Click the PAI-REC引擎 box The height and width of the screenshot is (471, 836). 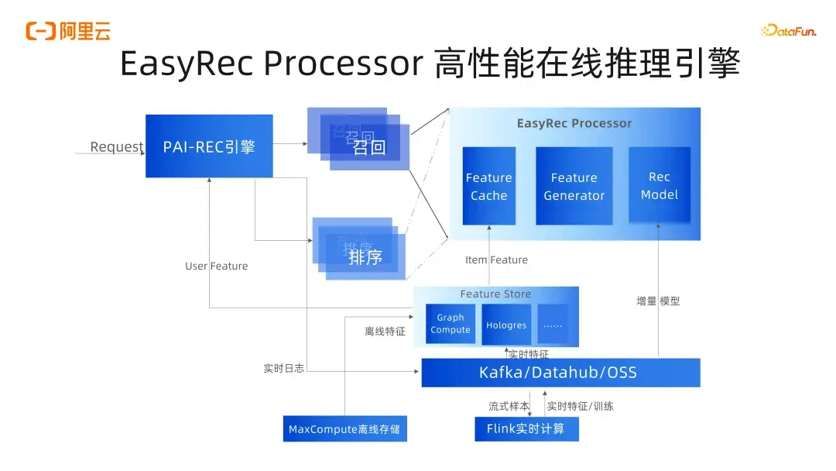pos(209,146)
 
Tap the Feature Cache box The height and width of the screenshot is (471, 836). pos(488,187)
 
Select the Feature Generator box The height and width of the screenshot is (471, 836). pos(574,187)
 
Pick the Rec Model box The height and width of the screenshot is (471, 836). pos(659,186)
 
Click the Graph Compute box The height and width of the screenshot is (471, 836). pos(450,324)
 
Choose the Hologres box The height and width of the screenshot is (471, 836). pos(506,325)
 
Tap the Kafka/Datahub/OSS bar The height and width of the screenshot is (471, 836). pos(560,373)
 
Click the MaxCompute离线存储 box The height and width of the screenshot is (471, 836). pos(344,428)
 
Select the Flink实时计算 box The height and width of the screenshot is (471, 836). pos(526,428)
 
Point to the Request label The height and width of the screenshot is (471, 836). pos(117,147)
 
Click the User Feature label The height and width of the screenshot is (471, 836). pos(217,266)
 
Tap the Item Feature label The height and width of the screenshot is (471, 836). pos(496,260)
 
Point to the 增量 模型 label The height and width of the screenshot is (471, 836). pos(658,301)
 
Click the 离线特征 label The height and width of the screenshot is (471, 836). pos(385,332)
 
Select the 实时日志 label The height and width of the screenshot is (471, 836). pos(283,369)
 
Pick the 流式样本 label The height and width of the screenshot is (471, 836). pos(509,406)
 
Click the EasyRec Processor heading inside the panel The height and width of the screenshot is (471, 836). pos(574,123)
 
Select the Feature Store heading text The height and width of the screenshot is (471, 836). pos(495,294)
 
